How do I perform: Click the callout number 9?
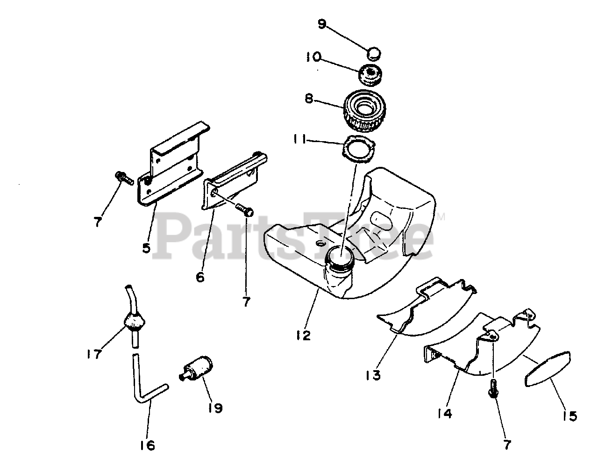pyautogui.click(x=321, y=24)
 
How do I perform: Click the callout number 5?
pyautogui.click(x=147, y=247)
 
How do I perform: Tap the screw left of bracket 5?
pyautogui.click(x=123, y=178)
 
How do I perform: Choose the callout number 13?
pyautogui.click(x=374, y=374)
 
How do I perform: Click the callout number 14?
pyautogui.click(x=444, y=413)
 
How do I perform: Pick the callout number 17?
pyautogui.click(x=93, y=354)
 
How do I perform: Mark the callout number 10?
pyautogui.click(x=313, y=57)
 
